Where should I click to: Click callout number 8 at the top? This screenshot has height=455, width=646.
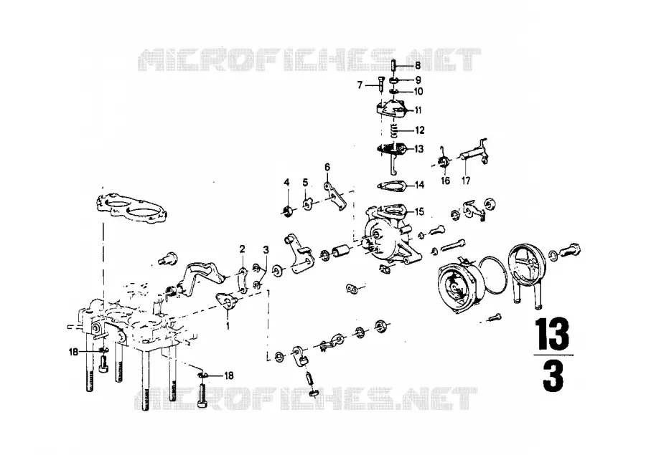point(418,65)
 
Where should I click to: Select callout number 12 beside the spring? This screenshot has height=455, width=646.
point(420,130)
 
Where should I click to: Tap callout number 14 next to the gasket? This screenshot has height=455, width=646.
point(419,185)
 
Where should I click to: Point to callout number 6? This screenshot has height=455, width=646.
point(327,167)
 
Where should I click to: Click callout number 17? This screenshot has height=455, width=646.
point(466,180)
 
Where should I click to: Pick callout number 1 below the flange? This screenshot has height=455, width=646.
point(228,326)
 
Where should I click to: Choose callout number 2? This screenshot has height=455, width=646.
point(243,249)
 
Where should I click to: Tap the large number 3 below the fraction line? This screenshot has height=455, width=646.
point(553,377)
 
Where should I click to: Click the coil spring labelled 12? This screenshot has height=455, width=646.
point(394,131)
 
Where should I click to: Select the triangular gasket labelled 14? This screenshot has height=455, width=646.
point(391,186)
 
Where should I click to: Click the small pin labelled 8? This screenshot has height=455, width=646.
point(393,65)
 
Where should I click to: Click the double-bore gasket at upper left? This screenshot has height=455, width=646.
point(132,210)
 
